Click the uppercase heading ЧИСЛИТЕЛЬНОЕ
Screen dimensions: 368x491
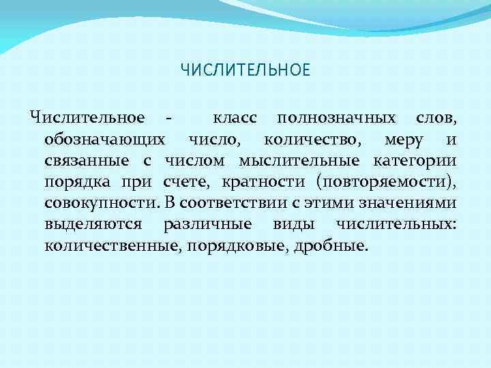(x=245, y=70)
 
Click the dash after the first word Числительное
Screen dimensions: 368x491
(x=168, y=118)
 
